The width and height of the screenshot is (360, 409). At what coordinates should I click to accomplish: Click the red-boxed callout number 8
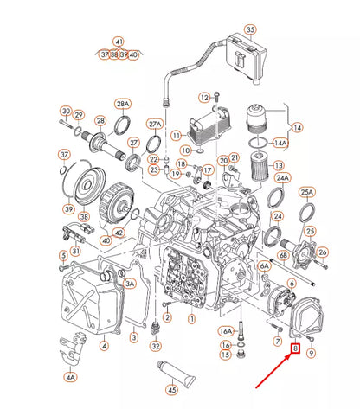click(x=295, y=350)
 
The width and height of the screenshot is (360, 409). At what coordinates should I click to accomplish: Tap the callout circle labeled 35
click(x=250, y=29)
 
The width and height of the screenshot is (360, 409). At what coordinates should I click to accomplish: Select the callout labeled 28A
click(x=122, y=103)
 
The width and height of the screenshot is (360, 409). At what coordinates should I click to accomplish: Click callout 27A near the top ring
click(x=156, y=123)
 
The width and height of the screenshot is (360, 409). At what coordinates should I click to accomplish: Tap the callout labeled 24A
click(x=281, y=178)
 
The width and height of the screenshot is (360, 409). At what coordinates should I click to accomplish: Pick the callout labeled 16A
click(x=225, y=330)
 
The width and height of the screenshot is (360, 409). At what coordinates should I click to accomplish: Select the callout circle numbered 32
click(x=156, y=346)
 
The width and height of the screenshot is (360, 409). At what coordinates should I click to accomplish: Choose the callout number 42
click(x=119, y=232)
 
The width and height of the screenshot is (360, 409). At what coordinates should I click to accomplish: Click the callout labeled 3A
click(x=131, y=283)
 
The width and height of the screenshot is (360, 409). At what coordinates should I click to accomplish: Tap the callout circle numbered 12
click(x=204, y=97)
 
